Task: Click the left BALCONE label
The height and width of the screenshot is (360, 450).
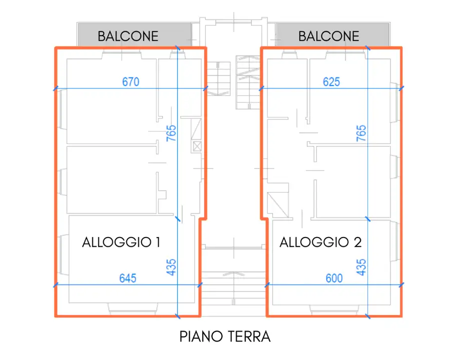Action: [128, 36]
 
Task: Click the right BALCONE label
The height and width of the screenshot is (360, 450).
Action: [329, 36]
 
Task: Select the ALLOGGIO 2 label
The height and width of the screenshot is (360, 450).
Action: [320, 242]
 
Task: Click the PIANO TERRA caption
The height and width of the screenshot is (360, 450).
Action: [225, 336]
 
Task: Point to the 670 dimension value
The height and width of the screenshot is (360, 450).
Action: [131, 82]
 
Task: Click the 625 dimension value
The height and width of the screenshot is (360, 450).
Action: [331, 82]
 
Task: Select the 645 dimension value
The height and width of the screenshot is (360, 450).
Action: [128, 278]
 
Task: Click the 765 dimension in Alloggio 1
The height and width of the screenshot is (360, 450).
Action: [171, 134]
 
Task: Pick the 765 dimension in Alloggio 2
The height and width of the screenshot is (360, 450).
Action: [361, 134]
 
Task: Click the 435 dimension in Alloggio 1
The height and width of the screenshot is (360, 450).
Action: [171, 267]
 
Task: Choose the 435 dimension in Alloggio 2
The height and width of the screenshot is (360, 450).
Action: [361, 267]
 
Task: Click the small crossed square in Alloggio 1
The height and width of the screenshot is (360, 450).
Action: [197, 146]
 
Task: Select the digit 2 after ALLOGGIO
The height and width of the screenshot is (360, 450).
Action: [357, 242]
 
